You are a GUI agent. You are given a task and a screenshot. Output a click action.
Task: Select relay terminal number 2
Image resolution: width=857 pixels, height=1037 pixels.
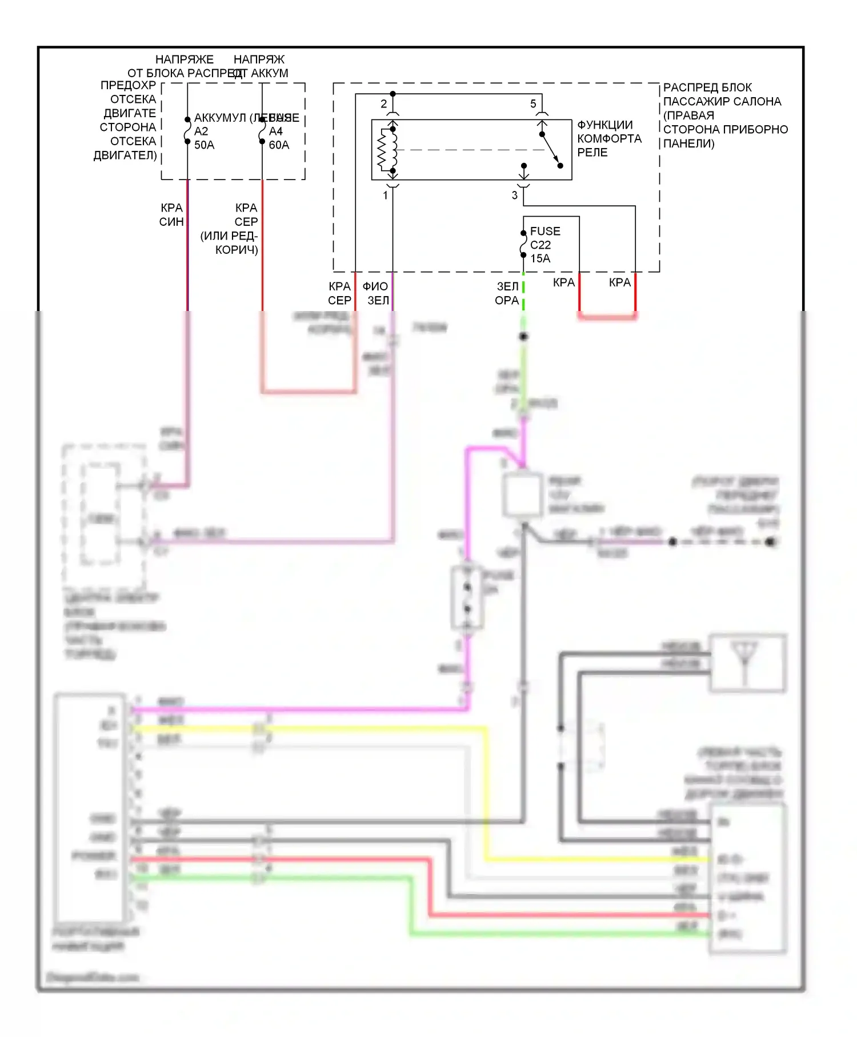point(384,103)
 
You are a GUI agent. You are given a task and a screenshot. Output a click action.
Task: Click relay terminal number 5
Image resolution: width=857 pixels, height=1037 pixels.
point(533,103)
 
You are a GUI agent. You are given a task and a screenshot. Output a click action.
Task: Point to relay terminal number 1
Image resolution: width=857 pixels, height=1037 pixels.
point(386,196)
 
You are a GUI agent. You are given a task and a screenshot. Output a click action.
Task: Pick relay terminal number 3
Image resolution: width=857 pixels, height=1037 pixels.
point(515,196)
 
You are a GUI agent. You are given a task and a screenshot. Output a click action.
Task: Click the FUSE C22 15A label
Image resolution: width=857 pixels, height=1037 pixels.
point(544,245)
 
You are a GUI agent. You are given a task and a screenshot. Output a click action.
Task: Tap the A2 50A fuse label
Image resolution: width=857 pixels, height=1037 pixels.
point(204,138)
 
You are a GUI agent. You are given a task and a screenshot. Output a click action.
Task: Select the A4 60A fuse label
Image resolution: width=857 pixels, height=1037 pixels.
point(279,138)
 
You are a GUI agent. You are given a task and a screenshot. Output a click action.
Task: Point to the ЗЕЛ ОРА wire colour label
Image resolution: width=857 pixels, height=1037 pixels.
point(507,293)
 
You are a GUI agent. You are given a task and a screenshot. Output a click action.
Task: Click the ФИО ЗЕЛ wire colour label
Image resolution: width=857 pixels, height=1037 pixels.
point(376,293)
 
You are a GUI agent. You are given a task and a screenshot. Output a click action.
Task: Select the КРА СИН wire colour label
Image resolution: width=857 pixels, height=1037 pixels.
point(171,214)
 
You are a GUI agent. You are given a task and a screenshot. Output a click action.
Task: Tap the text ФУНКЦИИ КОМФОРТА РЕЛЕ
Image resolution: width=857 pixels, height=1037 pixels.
point(608,138)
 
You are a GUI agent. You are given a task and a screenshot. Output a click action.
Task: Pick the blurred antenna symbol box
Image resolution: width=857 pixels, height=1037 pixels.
point(747,663)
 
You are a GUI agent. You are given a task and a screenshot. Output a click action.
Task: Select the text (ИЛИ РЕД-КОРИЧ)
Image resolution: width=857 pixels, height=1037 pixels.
point(230,242)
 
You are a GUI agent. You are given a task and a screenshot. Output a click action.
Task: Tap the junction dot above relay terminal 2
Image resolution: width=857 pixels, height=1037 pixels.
point(393,94)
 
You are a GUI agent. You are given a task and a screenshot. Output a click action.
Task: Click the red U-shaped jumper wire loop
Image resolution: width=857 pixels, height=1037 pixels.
point(607,316)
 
